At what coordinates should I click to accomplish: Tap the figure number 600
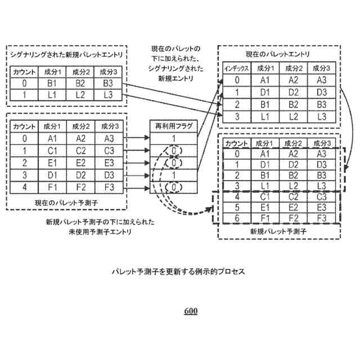coord(191,311)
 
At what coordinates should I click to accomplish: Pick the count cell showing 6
coord(237,217)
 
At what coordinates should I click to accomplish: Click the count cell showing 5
coord(237,206)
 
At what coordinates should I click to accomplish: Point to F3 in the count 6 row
coord(321,217)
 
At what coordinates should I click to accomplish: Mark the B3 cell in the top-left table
coord(106,83)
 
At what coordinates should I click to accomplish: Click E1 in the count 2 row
coord(53,162)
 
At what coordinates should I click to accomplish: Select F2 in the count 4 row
coord(80,186)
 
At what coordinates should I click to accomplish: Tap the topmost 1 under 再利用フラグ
coord(174,138)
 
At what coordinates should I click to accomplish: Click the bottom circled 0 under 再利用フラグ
coord(174,186)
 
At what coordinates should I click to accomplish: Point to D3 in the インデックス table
coord(321,92)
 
